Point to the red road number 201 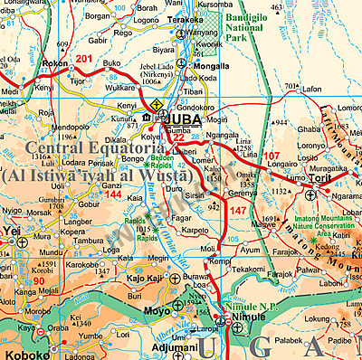click(x=84, y=59)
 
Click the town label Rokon click(x=55, y=63)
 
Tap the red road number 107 click(x=271, y=156)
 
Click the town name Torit click(x=321, y=178)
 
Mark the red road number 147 click(x=238, y=210)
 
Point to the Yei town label click(x=13, y=231)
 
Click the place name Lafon click(x=311, y=90)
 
